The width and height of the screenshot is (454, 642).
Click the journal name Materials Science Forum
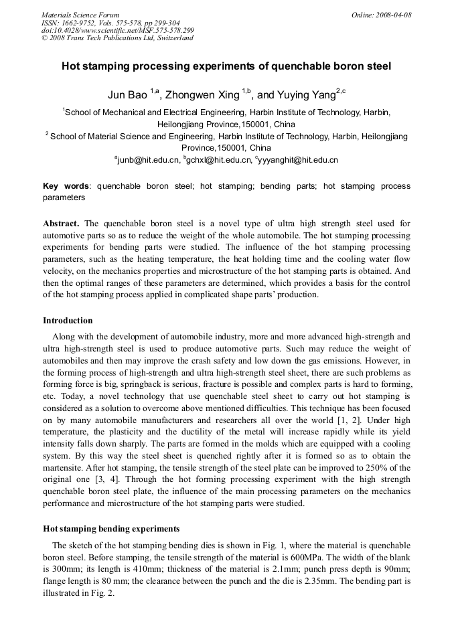[80, 15]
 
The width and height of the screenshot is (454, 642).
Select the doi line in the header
[118, 30]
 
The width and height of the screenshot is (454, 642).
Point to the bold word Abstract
[61, 223]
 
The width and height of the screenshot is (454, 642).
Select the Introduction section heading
[68, 321]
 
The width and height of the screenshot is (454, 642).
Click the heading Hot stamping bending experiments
[111, 528]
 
